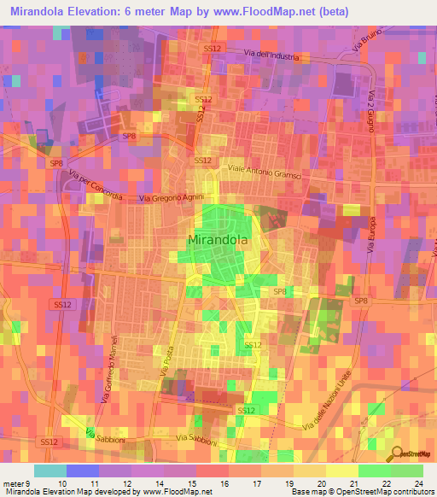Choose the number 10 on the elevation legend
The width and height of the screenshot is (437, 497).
click(61, 482)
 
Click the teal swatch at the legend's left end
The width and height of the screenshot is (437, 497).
click(50, 471)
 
